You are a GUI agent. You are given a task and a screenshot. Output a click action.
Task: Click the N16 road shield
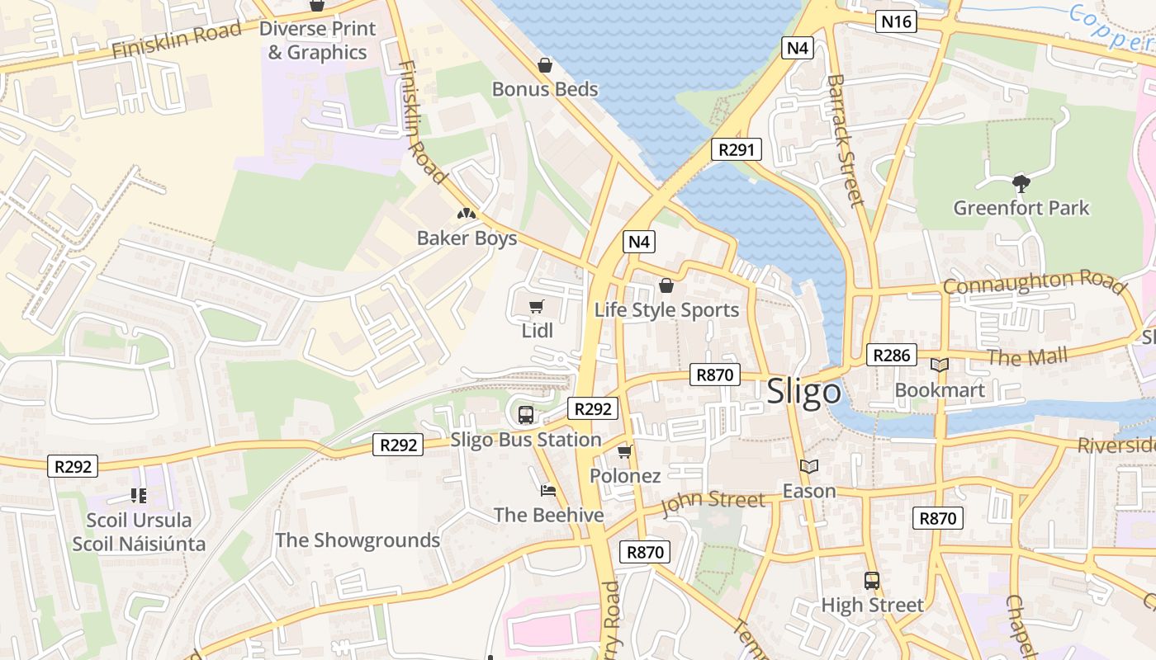896,21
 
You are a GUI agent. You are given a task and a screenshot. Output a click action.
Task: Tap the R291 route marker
736,149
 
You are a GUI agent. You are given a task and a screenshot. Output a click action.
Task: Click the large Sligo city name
803,392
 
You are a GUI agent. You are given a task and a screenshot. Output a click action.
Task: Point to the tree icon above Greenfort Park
1021,183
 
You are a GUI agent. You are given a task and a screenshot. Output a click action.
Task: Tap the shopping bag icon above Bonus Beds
545,64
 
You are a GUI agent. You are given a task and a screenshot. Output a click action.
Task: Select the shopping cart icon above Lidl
537,307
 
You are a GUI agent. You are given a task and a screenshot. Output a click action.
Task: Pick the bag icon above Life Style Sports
666,285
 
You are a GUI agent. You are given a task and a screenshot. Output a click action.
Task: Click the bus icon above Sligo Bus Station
526,414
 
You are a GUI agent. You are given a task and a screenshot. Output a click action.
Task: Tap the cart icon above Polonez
625,451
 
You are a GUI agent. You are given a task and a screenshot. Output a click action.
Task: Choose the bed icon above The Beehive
548,491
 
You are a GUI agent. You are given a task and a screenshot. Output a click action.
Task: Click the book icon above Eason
809,467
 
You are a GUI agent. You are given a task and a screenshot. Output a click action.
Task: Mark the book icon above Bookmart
940,365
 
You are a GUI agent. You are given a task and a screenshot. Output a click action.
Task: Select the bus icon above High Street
872,580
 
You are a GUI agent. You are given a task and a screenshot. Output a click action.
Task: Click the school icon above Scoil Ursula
139,496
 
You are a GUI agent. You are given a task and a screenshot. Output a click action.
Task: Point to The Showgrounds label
358,540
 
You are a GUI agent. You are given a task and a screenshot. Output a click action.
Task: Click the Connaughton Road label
1034,282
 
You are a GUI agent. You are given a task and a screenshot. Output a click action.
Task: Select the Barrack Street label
845,140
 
